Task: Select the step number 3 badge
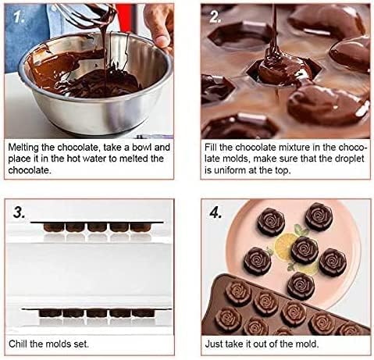pos(21,212)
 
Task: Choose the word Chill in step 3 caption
pos(22,342)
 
